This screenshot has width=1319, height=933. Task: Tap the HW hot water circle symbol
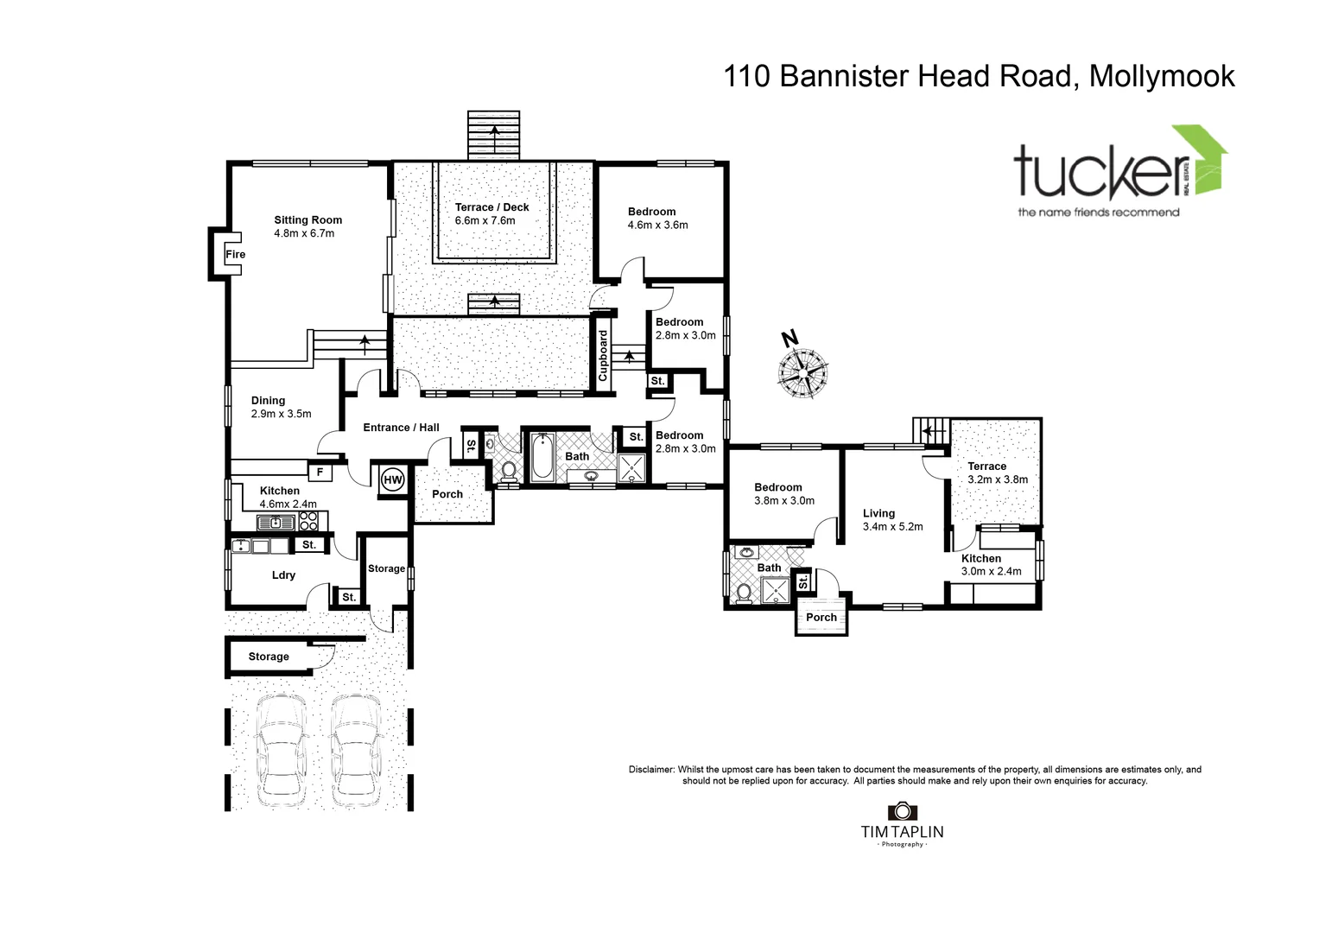click(392, 479)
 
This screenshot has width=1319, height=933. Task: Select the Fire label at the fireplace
click(235, 254)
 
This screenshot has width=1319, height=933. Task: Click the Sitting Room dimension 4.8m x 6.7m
click(304, 233)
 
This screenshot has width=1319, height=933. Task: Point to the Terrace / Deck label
click(491, 207)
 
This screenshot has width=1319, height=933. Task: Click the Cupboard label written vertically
click(603, 355)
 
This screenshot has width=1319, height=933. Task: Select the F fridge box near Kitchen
click(320, 473)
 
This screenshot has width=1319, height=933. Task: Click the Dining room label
click(268, 400)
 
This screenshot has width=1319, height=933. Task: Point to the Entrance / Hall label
click(401, 427)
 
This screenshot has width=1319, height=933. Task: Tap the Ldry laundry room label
click(283, 574)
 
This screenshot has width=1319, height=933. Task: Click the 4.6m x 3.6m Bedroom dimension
click(657, 225)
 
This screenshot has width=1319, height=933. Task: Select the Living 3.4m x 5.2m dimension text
click(892, 526)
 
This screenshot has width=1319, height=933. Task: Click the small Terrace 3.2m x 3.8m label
click(986, 466)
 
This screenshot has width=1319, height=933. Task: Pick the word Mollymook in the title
click(1162, 76)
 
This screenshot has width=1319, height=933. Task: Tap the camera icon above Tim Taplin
click(902, 811)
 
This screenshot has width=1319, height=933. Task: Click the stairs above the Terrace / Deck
click(494, 135)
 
